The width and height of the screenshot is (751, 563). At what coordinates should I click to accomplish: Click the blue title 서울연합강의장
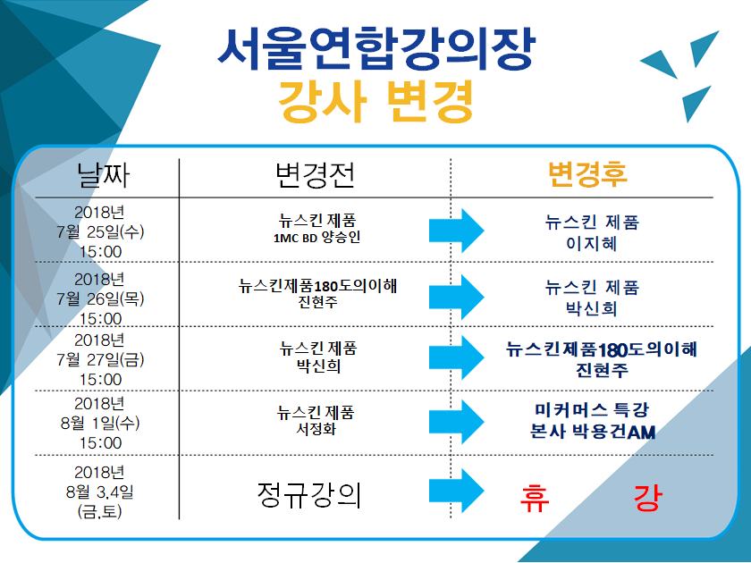[376, 48]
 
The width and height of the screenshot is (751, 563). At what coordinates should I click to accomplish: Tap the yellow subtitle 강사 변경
[376, 102]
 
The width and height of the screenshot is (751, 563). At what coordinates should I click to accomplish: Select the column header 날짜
[103, 174]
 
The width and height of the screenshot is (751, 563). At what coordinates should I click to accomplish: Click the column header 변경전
[315, 174]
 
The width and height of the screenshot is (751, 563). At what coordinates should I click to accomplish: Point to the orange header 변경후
[587, 174]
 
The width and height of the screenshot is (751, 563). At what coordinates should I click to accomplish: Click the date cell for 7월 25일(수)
[99, 231]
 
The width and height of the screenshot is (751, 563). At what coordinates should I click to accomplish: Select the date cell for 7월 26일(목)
[99, 298]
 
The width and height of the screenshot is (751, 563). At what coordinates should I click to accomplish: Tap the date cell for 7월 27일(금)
[99, 359]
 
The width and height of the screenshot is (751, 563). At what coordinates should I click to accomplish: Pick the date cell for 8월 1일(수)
[99, 424]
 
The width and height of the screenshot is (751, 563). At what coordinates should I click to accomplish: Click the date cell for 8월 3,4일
[99, 492]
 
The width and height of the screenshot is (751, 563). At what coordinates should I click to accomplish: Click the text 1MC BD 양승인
[316, 238]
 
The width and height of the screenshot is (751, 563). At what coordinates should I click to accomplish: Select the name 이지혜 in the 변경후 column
[592, 244]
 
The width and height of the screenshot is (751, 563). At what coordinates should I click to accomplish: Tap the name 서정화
[316, 428]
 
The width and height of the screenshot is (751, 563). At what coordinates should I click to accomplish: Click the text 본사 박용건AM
[593, 432]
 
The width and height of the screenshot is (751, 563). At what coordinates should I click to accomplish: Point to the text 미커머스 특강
[592, 410]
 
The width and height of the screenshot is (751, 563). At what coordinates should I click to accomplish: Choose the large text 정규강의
[309, 495]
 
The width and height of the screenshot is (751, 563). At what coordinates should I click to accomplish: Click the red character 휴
[535, 498]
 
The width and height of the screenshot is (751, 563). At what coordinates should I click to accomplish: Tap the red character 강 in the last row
[648, 498]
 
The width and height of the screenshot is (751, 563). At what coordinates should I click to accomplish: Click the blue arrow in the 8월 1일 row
[457, 422]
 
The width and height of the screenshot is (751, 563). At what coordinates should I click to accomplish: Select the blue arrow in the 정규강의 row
[457, 492]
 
